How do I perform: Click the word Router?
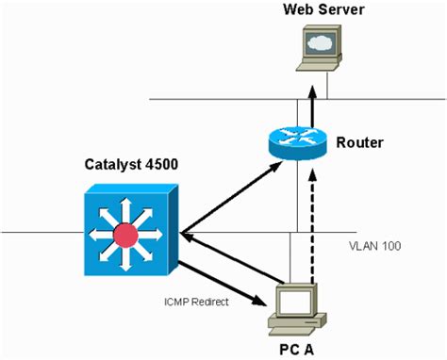[x=360, y=144]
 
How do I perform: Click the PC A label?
[x=295, y=349]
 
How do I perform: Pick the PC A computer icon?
[x=295, y=306]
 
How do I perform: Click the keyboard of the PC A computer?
[x=295, y=327]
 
